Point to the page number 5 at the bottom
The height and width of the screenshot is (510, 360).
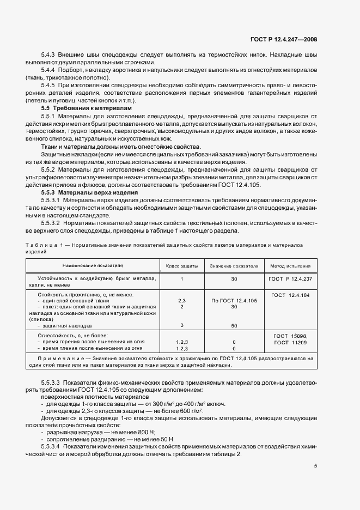point(316,466)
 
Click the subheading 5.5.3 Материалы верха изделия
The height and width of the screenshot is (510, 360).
point(83,192)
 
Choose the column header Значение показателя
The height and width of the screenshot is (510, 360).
point(234,266)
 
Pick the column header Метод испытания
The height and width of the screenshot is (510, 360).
point(290,266)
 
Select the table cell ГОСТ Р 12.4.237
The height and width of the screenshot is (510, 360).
point(290,278)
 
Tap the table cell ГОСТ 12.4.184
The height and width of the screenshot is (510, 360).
point(290,295)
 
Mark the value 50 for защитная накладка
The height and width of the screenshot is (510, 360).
point(234,325)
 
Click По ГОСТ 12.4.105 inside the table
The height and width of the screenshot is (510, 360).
point(234,301)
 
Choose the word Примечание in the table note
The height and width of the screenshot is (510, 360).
point(62,359)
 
